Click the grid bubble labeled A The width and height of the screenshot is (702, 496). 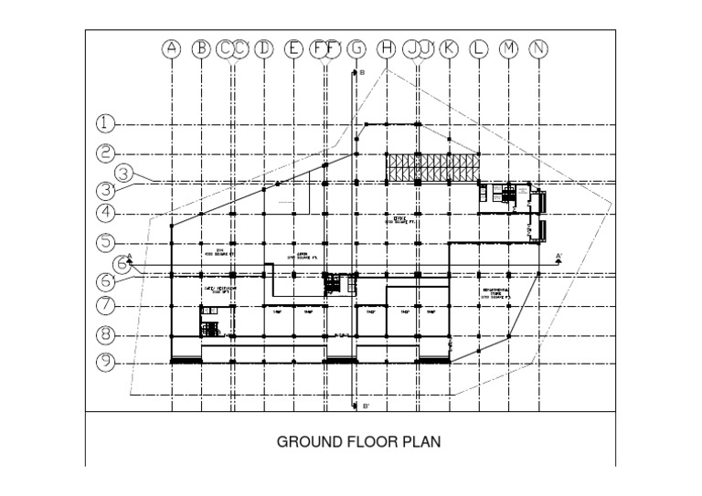(171, 49)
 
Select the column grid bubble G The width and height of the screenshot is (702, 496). (356, 49)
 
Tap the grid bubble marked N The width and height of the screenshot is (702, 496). (540, 49)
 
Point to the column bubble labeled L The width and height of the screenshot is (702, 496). (479, 49)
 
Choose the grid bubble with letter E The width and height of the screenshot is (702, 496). (294, 49)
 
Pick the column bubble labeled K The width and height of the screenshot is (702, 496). (448, 49)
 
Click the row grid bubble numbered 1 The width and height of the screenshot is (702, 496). (108, 123)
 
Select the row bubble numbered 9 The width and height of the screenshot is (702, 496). (108, 362)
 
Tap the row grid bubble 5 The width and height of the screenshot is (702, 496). (108, 244)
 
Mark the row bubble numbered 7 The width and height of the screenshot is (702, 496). (108, 304)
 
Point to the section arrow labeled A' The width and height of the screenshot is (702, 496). (558, 258)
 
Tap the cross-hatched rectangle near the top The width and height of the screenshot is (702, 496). (432, 168)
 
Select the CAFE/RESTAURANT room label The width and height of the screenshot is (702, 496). (219, 290)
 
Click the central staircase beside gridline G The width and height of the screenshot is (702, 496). (340, 284)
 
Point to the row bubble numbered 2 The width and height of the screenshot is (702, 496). (108, 153)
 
